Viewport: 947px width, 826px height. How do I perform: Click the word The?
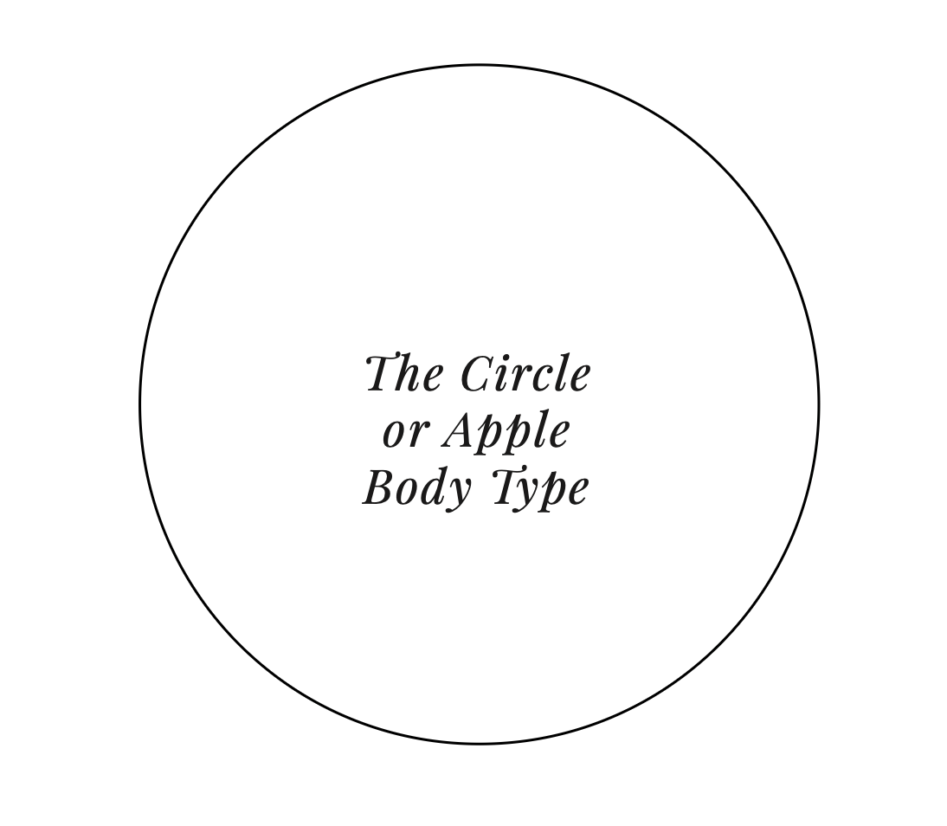click(404, 375)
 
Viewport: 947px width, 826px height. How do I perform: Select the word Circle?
click(525, 375)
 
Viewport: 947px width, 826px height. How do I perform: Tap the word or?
click(404, 432)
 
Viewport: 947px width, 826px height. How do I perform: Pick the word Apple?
click(506, 432)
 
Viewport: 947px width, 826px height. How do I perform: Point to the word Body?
click(417, 488)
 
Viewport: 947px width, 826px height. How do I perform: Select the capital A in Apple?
click(458, 430)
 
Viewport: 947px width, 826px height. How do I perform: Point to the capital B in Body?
click(377, 487)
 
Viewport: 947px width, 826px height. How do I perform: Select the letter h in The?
click(408, 375)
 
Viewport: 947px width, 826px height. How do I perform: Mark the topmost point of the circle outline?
click(480, 65)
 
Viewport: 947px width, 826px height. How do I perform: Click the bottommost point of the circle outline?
click(480, 743)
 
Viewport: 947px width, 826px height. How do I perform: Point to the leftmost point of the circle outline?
click(140, 404)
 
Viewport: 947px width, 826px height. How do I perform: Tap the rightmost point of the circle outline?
click(818, 404)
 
